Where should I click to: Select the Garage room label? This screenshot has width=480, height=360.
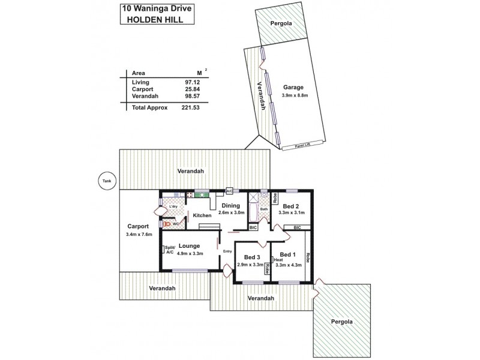293,87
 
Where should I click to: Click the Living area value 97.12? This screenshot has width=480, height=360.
192,82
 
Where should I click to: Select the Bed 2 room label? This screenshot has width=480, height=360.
292,205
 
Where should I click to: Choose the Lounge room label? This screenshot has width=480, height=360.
188,245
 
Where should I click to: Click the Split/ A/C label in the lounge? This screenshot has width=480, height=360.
169,251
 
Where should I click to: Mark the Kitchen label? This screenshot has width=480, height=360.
202,215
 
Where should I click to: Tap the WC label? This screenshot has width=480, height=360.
176,224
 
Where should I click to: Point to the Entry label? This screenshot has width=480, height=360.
227,251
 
